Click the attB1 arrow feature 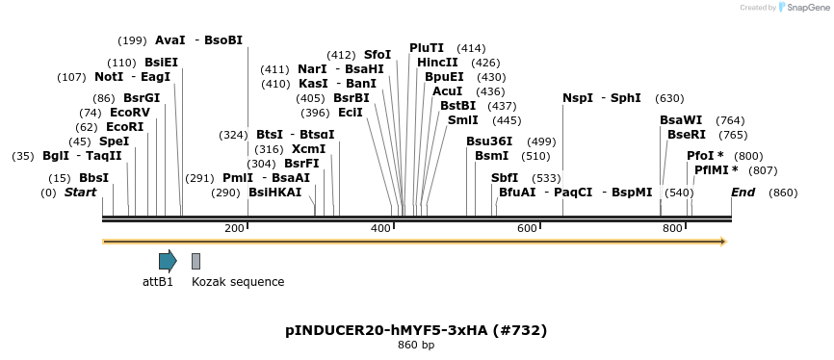[x=168, y=260]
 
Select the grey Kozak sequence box [x=196, y=261]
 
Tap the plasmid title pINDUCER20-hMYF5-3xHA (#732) [x=416, y=330]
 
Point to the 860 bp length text [x=416, y=345]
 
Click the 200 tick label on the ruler [x=234, y=228]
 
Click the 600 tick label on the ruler [x=527, y=228]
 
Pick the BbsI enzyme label [x=93, y=178]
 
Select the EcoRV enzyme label [x=130, y=113]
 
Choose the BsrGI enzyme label [x=142, y=98]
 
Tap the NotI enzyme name [x=109, y=77]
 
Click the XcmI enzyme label [x=308, y=149]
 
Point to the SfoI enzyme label [x=378, y=55]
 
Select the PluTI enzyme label [x=427, y=48]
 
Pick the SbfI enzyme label [x=505, y=178]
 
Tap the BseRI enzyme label [x=687, y=135]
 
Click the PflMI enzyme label [x=712, y=170]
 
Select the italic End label [x=743, y=193]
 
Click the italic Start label [x=81, y=193]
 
